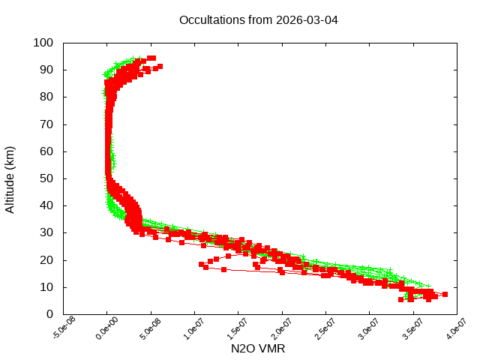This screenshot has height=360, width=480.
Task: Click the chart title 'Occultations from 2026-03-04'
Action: click(259, 19)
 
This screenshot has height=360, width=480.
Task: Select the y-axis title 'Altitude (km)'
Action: click(10, 178)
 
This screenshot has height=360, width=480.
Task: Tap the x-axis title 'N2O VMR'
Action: click(259, 349)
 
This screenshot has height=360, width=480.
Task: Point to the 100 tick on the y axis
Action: click(43, 43)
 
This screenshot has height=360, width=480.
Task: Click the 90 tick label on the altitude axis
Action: click(46, 70)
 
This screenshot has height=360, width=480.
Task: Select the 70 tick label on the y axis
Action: click(46, 124)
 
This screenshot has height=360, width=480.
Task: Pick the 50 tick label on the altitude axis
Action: click(46, 178)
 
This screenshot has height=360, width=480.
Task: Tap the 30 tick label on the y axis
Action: click(46, 232)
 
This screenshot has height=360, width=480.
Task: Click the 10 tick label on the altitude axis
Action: click(46, 286)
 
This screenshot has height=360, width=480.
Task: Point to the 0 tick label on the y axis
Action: click(49, 313)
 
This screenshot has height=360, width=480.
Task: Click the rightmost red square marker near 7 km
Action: click(445, 295)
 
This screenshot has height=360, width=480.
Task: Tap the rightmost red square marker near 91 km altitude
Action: click(160, 67)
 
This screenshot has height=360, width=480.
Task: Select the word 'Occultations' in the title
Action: click(211, 19)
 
